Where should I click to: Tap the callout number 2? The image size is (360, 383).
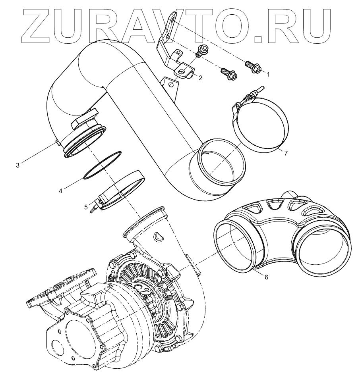tap(200, 78)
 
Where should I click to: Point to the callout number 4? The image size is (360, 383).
tap(60, 191)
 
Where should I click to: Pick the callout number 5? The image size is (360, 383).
tap(86, 207)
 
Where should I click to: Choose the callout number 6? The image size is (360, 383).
tap(266, 277)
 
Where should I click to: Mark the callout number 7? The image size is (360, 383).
tap(285, 153)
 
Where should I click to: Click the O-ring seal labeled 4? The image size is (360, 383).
tap(102, 166)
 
